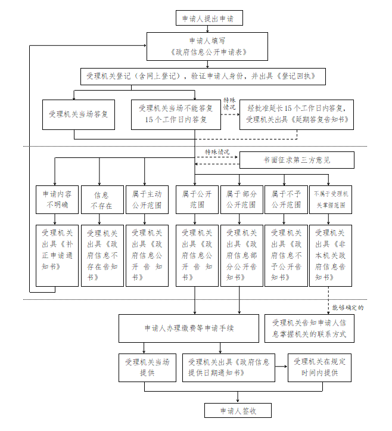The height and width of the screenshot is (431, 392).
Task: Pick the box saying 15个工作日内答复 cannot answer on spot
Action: (x=175, y=114)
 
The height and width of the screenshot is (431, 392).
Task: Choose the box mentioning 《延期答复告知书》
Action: (x=297, y=114)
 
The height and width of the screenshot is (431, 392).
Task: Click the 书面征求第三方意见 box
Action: (x=297, y=160)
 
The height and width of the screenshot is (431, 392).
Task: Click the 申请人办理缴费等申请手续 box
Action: (x=188, y=328)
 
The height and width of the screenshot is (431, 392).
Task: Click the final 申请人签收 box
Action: (x=238, y=411)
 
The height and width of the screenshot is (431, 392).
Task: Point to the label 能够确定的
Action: (x=348, y=308)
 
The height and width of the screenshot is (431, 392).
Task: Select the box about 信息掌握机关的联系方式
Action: (x=309, y=328)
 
